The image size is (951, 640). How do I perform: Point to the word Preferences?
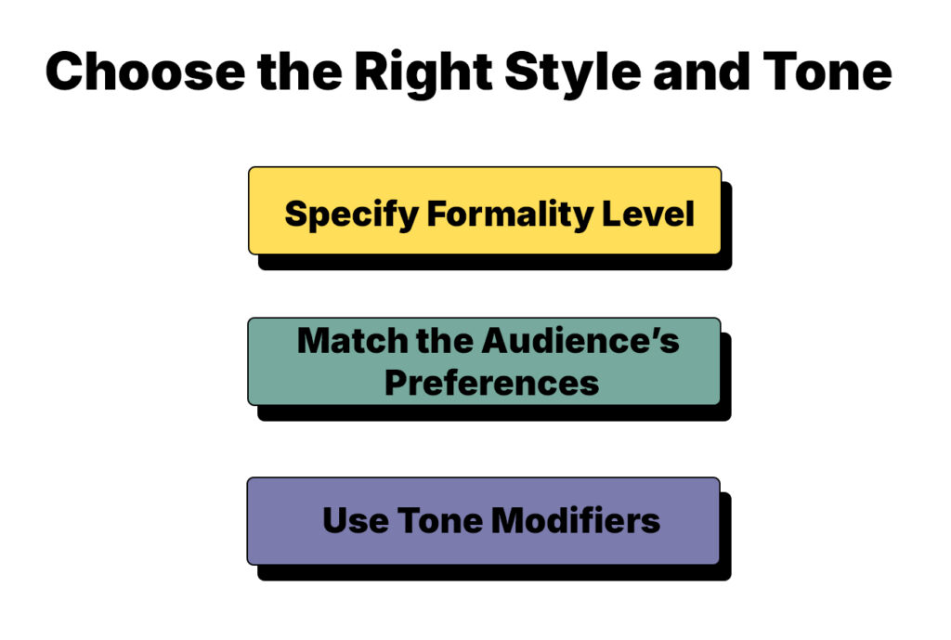(x=491, y=383)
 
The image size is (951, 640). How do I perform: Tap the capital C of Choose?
(x=66, y=72)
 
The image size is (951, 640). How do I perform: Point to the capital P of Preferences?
(x=395, y=383)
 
